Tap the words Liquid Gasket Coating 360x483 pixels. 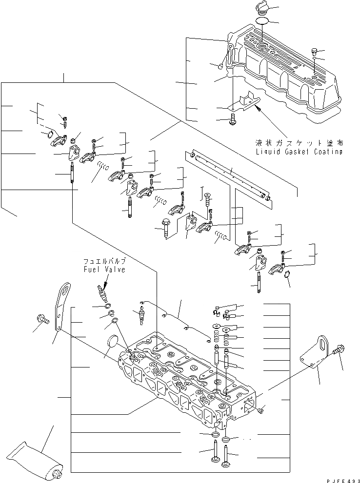(299, 152)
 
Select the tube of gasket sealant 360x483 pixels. (33, 458)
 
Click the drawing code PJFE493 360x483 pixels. (336, 480)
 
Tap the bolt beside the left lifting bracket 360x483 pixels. (42, 320)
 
